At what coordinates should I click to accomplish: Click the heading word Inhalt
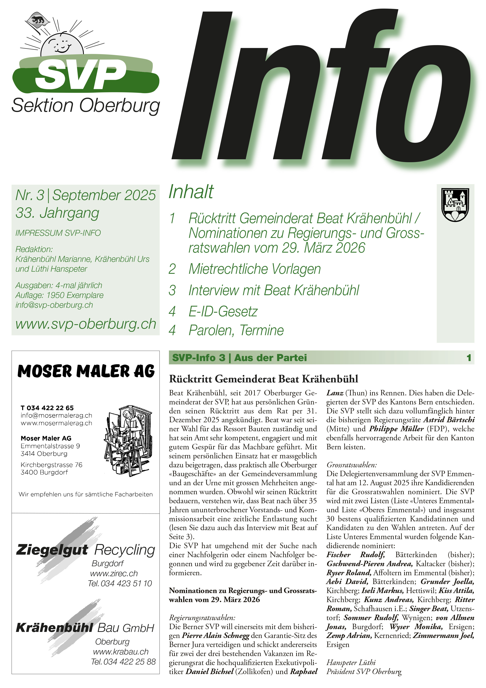(191, 192)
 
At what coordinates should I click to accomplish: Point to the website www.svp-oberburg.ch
(86, 324)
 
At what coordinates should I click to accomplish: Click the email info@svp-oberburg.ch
(54, 305)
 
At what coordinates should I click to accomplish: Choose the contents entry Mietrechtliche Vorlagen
(255, 269)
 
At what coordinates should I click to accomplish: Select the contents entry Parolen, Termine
(236, 330)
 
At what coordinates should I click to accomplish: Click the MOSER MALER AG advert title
(86, 371)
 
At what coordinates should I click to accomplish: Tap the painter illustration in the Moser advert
(127, 440)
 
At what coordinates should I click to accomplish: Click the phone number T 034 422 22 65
(47, 408)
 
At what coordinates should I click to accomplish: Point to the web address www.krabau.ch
(121, 652)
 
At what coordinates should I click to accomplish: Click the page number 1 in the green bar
(469, 358)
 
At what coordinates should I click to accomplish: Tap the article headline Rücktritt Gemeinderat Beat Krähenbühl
(264, 379)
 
